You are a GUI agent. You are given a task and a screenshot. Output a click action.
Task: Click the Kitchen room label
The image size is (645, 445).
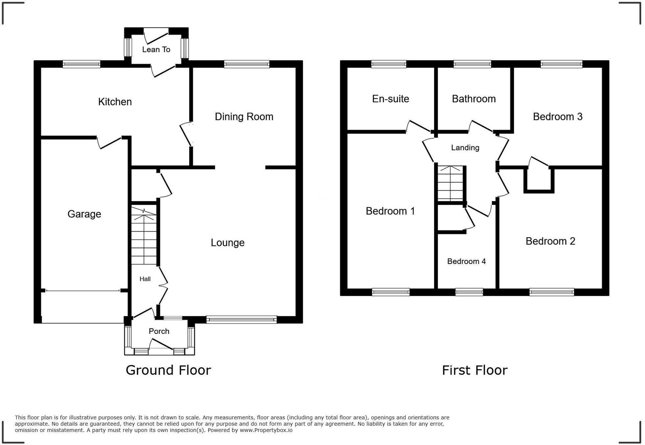click(115, 102)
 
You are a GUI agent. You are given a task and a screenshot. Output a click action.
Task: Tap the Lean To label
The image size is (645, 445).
click(156, 49)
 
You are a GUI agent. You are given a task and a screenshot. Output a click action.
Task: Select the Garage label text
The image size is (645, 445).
click(84, 214)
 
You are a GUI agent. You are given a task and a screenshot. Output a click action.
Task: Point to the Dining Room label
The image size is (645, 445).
click(244, 117)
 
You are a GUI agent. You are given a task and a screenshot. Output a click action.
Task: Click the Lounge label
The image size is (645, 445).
click(227, 243)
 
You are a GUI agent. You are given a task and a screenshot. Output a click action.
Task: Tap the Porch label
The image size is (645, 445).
click(159, 331)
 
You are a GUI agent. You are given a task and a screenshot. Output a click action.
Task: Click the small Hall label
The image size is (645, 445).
click(145, 279)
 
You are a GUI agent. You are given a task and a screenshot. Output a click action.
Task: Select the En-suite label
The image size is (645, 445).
click(390, 99)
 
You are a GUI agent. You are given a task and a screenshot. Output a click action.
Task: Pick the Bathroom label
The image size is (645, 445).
click(474, 99)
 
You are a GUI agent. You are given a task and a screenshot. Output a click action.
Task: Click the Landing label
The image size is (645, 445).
click(465, 147)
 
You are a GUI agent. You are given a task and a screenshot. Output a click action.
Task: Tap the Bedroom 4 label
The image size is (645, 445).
click(466, 261)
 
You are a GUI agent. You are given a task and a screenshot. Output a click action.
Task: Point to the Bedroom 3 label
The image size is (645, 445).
click(557, 117)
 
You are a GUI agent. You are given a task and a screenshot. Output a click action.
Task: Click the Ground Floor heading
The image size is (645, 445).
click(168, 370)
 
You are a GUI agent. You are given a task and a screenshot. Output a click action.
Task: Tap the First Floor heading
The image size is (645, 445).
click(475, 370)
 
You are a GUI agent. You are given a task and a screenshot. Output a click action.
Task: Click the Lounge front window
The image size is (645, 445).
click(242, 319)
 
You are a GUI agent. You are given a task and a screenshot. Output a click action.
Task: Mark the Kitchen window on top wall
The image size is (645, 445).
click(81, 64)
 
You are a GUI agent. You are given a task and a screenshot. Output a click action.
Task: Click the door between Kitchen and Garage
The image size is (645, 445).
click(110, 142)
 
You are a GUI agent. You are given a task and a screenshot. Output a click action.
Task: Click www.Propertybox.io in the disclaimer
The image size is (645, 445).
click(266, 430)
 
